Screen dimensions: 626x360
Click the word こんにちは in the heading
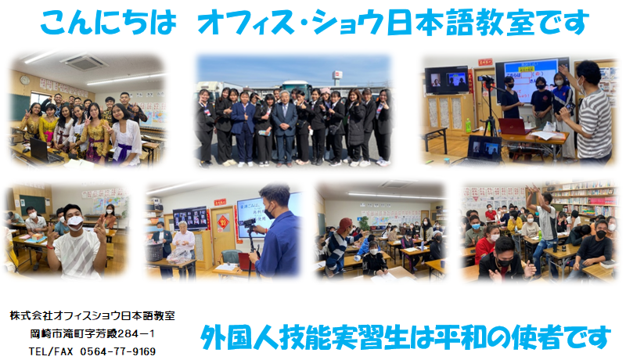[108, 23]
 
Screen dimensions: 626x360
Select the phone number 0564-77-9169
[118, 351]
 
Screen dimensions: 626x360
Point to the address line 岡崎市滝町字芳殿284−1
[92, 333]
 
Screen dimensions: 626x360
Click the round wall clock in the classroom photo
[25, 81]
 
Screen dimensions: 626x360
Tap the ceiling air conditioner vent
[84, 62]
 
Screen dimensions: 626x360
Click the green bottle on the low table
[468, 125]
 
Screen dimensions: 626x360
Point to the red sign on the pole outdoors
[338, 75]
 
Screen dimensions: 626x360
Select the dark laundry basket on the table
[154, 252]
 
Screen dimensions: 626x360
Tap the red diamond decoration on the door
[223, 221]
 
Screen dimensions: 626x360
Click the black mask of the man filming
[269, 212]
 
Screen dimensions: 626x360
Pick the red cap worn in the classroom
[345, 224]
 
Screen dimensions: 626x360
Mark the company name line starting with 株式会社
[92, 315]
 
